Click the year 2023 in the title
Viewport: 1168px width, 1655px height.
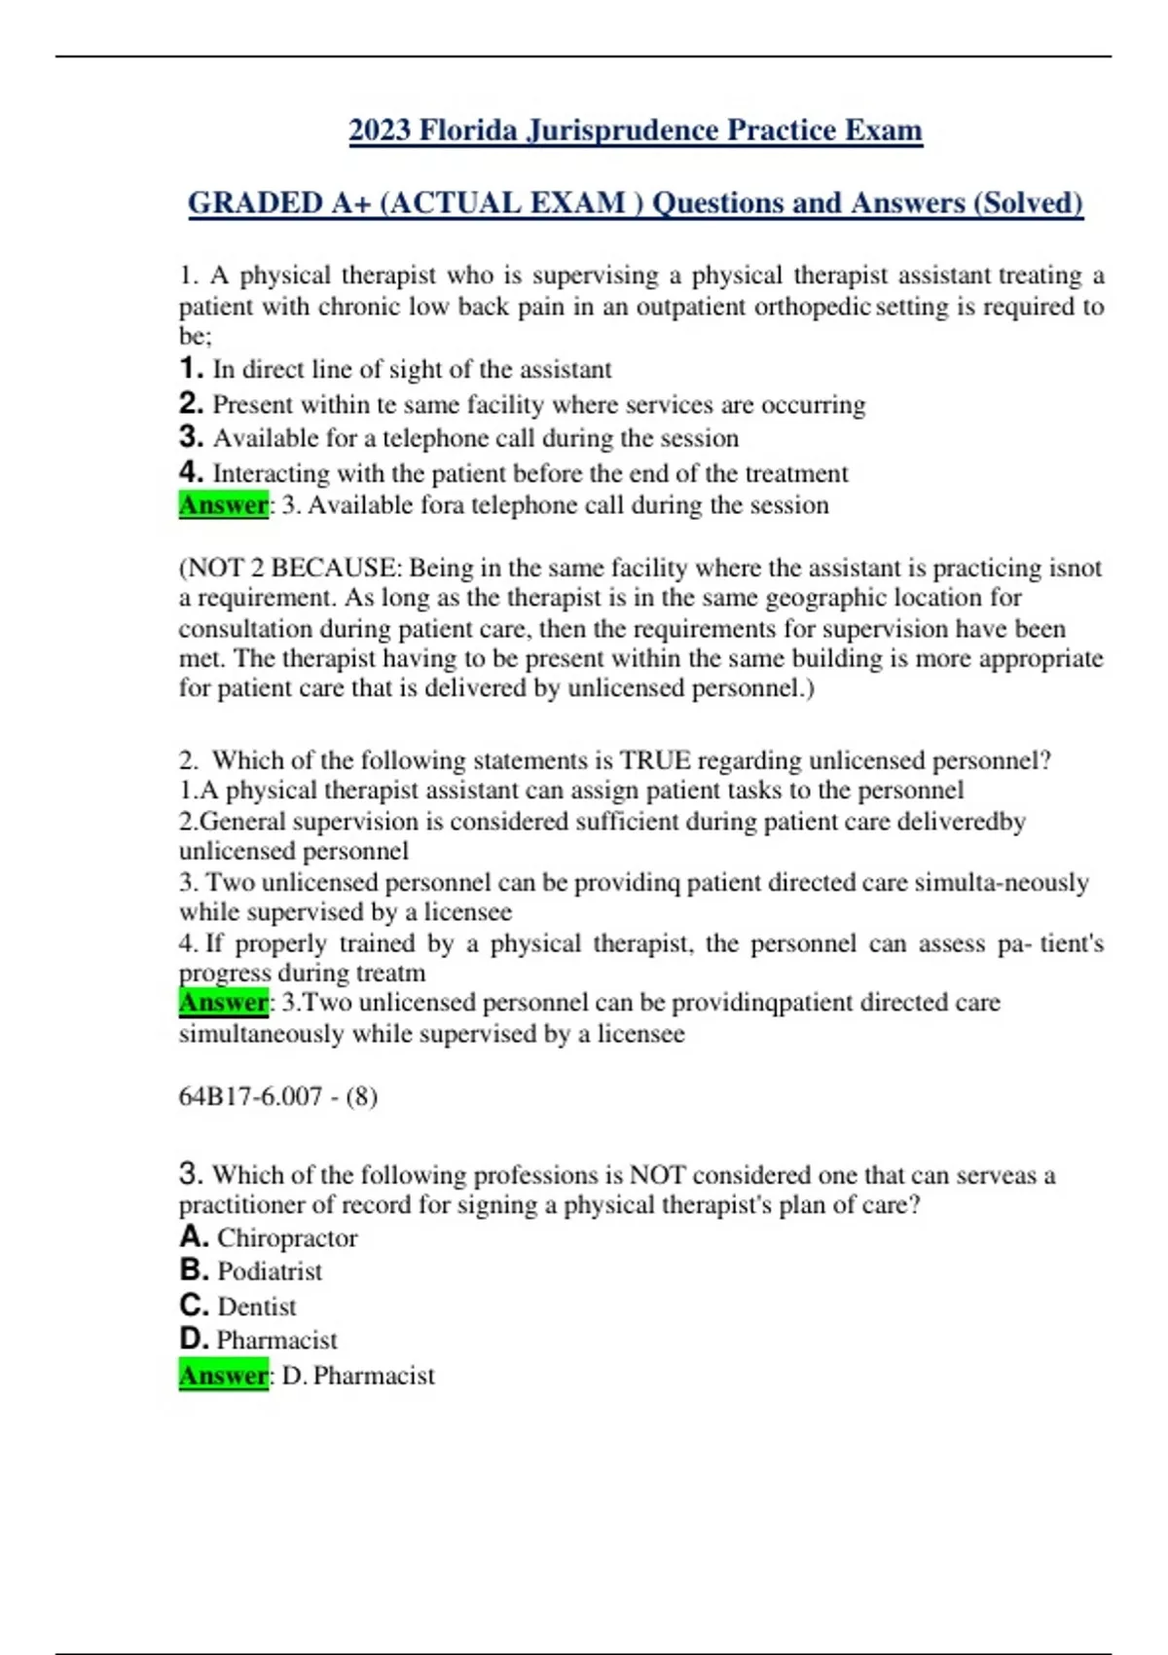(380, 130)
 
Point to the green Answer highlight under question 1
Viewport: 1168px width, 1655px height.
(223, 505)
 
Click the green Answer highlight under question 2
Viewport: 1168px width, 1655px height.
(223, 1003)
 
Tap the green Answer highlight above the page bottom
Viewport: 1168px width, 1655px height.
(223, 1376)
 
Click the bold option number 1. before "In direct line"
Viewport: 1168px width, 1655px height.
(192, 369)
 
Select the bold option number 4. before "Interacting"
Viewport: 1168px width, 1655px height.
(192, 472)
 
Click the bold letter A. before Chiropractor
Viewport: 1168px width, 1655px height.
(195, 1237)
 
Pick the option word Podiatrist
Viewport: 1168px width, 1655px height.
(270, 1271)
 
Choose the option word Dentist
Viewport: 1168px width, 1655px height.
(257, 1306)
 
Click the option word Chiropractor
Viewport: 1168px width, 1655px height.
(287, 1238)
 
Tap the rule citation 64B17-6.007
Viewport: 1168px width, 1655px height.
(250, 1097)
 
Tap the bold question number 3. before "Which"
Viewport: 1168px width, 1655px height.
(191, 1174)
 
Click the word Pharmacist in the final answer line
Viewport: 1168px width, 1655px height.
(374, 1376)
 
